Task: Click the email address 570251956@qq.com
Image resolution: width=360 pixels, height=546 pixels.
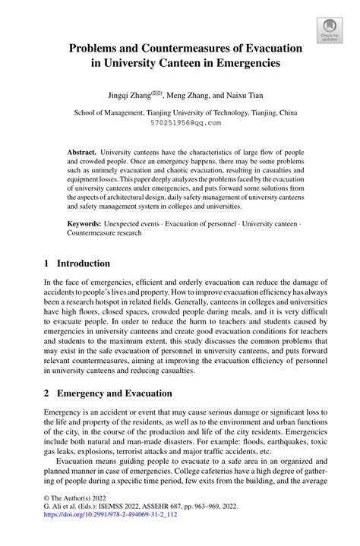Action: pos(179,122)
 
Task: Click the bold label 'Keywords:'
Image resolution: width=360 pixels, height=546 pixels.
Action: pos(84,225)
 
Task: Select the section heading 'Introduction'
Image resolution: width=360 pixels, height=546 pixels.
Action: pos(81,264)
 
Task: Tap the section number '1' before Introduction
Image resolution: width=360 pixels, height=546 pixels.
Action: pos(47,264)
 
